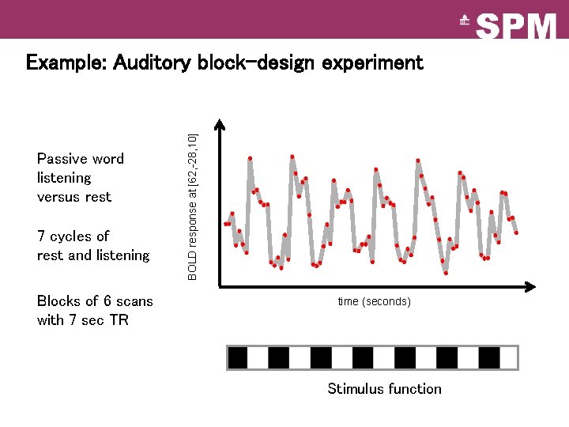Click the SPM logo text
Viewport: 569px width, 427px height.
tap(518, 25)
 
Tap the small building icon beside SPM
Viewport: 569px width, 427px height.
tap(465, 23)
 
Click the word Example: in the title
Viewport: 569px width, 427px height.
tap(66, 62)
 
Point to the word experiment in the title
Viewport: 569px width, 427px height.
tap(372, 62)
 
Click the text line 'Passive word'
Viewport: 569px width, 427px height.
tap(81, 159)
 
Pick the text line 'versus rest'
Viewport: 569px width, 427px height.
tap(74, 197)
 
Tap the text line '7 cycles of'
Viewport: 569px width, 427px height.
tap(73, 236)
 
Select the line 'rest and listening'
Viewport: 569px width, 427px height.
tap(93, 255)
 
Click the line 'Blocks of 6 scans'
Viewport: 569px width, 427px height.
tap(95, 301)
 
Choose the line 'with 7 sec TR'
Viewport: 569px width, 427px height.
tap(82, 320)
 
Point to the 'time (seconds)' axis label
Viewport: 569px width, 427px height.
tap(374, 301)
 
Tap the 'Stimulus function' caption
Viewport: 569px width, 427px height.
tap(384, 388)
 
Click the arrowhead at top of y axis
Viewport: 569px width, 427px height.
tap(220, 124)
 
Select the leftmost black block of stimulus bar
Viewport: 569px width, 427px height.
tap(237, 358)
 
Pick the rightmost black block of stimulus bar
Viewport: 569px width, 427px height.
tap(489, 358)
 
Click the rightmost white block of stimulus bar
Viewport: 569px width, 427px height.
tap(509, 358)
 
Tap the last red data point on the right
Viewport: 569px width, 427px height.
tap(516, 232)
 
